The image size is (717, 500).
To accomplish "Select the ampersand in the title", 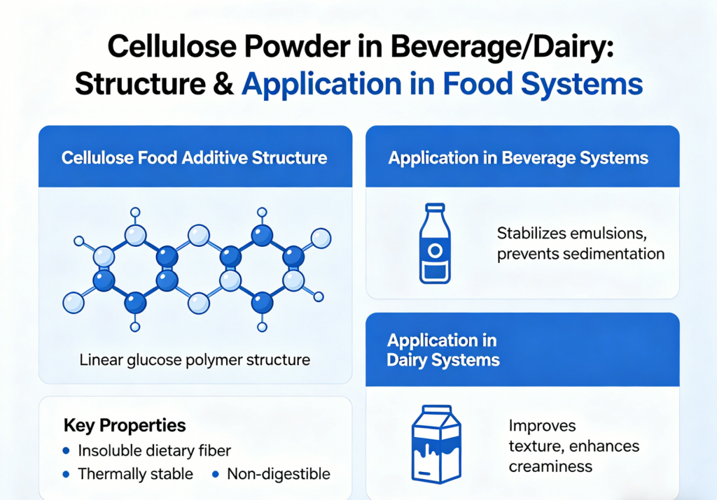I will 217,84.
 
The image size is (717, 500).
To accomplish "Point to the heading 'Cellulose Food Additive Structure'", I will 194,157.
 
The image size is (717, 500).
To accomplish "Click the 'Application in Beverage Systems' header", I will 518,157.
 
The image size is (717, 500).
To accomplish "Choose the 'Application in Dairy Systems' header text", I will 443,350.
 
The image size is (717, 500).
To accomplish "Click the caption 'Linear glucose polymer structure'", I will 194,361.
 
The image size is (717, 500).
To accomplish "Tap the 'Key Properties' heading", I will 125,425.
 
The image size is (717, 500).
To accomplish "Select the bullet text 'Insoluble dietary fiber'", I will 154,450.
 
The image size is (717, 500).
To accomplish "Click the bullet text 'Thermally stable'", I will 135,474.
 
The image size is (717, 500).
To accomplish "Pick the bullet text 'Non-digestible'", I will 278,474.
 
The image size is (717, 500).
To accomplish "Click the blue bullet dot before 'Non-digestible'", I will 216,474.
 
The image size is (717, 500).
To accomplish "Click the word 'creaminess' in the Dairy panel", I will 550,466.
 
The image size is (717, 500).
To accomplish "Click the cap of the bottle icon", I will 435,208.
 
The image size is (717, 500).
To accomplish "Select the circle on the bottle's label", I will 435,250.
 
